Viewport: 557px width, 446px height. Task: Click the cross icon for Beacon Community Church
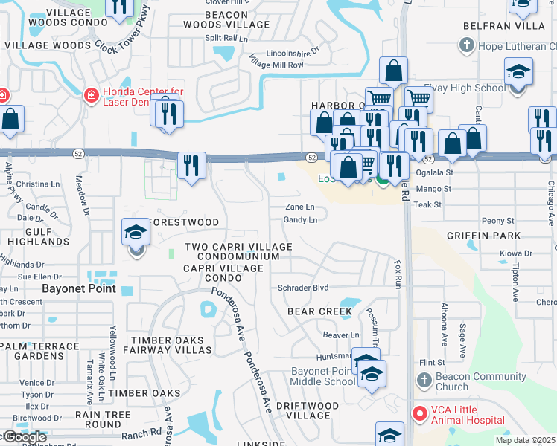point(424,381)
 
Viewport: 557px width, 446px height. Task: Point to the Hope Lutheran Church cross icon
point(466,46)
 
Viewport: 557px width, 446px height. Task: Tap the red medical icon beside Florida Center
point(91,95)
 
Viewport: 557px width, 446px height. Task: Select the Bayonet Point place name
point(79,288)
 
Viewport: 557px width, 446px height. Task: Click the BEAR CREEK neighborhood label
point(319,311)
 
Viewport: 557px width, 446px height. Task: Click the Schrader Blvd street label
point(303,288)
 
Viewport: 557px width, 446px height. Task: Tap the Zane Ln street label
point(301,207)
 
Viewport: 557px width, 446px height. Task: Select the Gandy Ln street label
point(301,220)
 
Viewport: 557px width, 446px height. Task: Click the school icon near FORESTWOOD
point(136,234)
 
